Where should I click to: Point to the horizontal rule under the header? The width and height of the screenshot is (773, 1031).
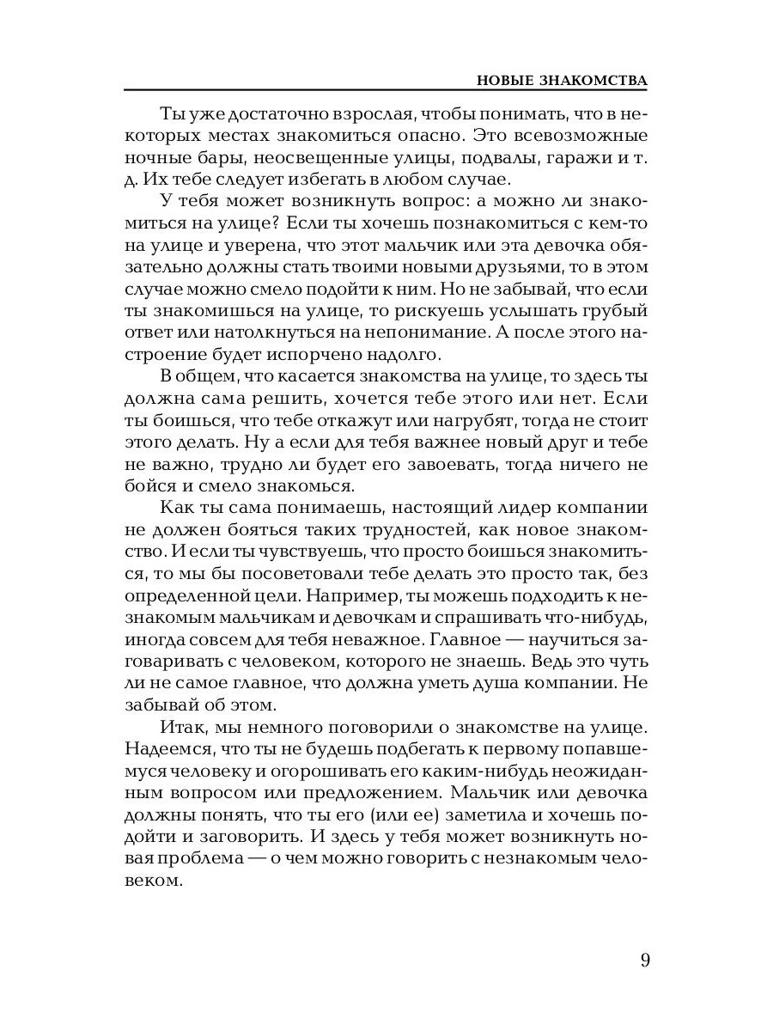386,89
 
